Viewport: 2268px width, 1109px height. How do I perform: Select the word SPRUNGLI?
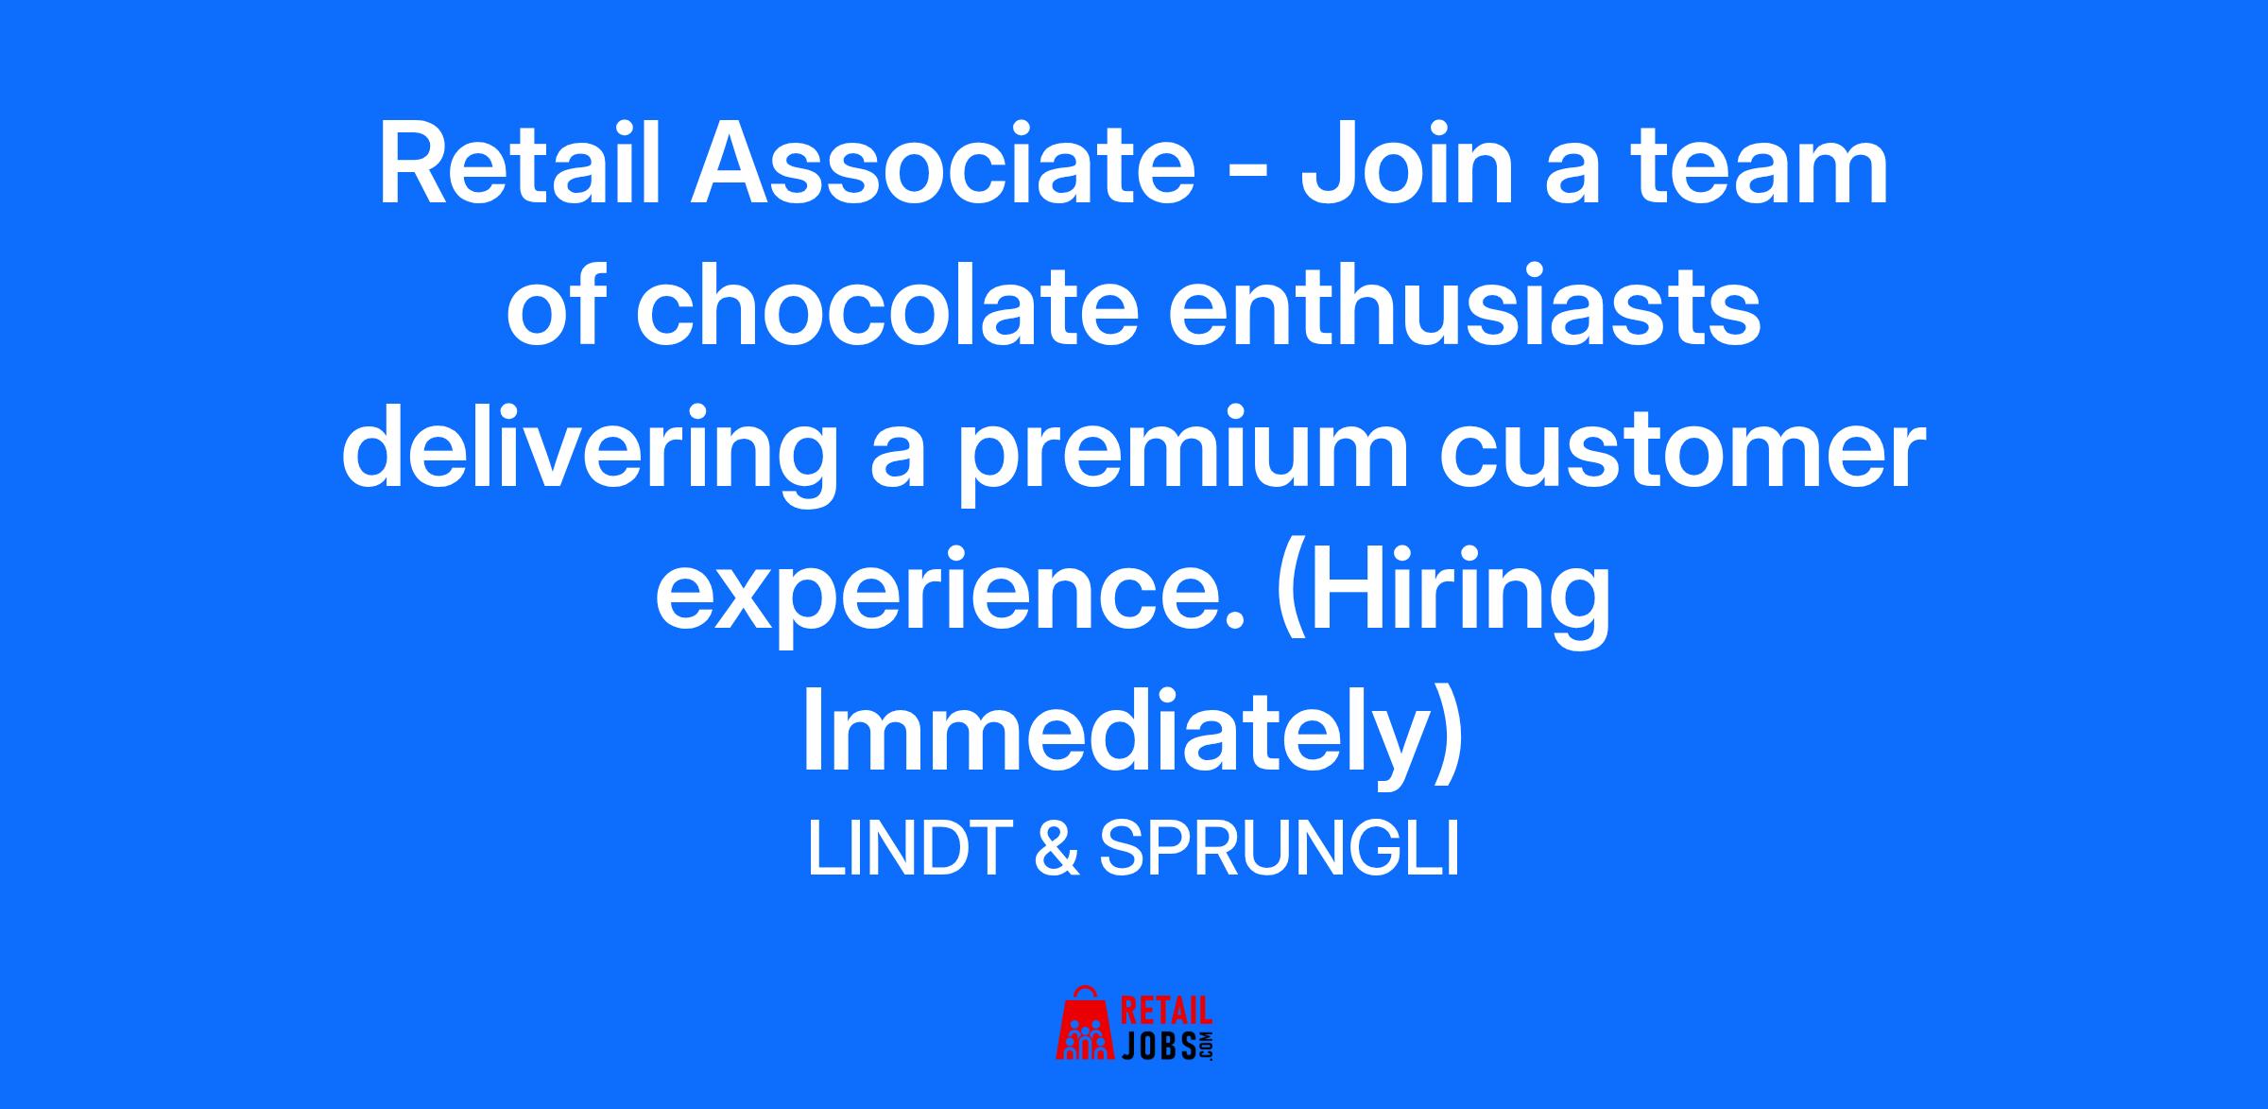point(1280,849)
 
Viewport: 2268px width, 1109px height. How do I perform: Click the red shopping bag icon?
point(1086,1024)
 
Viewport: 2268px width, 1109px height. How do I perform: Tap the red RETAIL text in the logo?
point(1165,1010)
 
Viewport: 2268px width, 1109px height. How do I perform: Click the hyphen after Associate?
point(1249,178)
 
